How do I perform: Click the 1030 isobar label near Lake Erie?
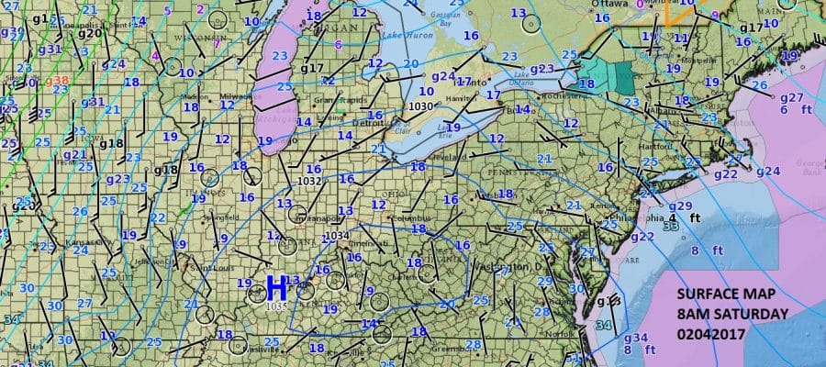tap(419, 106)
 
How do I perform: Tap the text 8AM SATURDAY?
tap(731, 314)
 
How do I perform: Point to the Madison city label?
tap(194, 95)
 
